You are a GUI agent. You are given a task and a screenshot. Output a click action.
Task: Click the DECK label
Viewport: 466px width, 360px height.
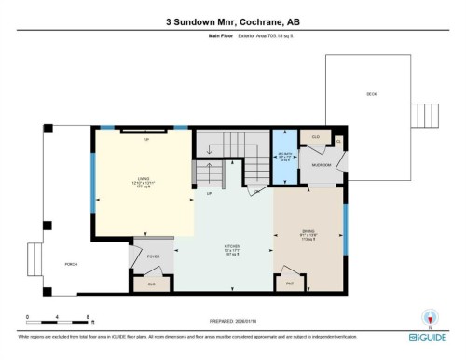pyautogui.click(x=372, y=94)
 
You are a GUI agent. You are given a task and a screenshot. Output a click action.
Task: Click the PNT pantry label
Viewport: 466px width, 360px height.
pyautogui.click(x=290, y=283)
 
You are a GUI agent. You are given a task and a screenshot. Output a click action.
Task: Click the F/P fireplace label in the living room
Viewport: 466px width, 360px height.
pyautogui.click(x=145, y=140)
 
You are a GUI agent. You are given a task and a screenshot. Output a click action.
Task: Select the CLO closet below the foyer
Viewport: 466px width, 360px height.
pyautogui.click(x=152, y=283)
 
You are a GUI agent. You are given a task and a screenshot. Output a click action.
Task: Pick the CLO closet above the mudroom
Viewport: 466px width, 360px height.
pyautogui.click(x=316, y=138)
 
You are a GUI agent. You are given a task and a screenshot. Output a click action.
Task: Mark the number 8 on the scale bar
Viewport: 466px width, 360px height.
pyautogui.click(x=88, y=317)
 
